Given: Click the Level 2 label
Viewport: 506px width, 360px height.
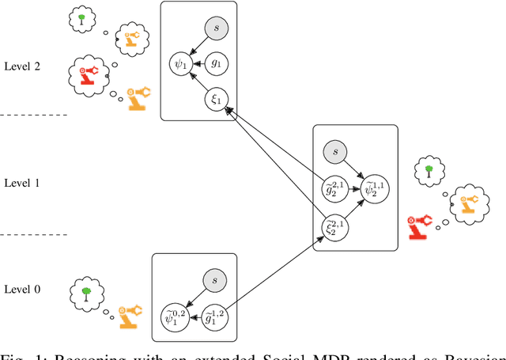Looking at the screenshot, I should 21,66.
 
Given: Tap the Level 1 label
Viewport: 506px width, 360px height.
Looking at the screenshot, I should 21,183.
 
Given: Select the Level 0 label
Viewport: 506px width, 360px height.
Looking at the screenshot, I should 21,289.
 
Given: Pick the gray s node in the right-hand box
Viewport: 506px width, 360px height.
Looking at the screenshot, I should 335,151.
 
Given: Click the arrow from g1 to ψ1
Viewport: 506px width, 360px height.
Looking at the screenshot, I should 197,62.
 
